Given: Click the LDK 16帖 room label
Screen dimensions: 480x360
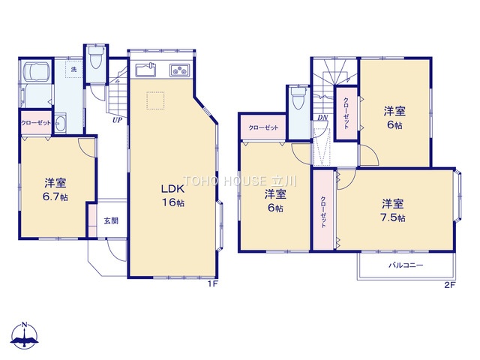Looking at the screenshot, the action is point(173,196).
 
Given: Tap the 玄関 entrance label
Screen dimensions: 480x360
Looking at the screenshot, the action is point(111,220).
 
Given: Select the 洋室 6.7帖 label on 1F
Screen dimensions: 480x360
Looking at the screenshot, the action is point(55,190).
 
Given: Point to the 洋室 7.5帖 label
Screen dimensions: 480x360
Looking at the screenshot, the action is point(393,210).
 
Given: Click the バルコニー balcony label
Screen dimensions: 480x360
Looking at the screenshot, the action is point(406,265).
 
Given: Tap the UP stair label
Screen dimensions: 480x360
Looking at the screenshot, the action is point(117,120).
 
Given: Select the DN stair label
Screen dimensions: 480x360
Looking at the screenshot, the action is point(322,117).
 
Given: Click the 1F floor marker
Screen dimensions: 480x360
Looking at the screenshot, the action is point(213,284).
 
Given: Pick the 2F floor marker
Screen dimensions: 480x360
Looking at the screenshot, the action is point(450,285).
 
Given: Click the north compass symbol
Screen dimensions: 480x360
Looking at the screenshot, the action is point(24,335).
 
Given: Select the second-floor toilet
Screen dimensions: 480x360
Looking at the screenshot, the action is point(297,97).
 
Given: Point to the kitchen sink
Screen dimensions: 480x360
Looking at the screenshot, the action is point(146,70).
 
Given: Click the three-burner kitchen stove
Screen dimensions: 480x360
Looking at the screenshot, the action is point(180,70).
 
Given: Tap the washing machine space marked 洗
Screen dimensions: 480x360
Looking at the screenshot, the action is point(73,70).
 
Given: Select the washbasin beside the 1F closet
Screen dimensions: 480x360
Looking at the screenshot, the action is point(61,123).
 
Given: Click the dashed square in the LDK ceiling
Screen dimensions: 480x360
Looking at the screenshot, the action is point(155,100).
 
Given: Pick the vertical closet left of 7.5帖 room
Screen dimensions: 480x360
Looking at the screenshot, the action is point(323,210).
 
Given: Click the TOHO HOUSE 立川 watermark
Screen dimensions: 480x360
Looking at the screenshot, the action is point(240,181).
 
